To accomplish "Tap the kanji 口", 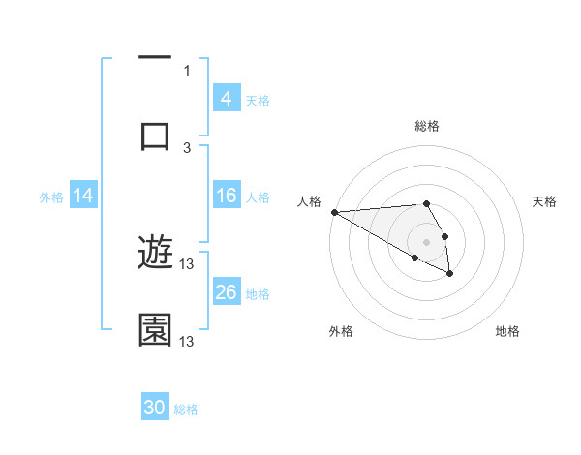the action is coord(155,135).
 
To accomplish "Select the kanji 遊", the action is coord(155,254).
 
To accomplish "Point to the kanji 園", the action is coord(155,329).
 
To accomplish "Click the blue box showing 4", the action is coord(226,99).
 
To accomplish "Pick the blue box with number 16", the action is coord(226,196).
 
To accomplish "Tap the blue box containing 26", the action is coord(226,292).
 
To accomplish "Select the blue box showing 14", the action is coord(82,196).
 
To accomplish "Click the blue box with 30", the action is coord(155,408).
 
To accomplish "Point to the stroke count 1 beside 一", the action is coord(187,71).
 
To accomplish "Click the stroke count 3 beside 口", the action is coord(187,147).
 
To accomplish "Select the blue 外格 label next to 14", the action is coord(51,197).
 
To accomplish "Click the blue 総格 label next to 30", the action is coord(186,409).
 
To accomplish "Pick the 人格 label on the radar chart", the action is coord(309,201).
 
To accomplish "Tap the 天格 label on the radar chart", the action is coord(544,201).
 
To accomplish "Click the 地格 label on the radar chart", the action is coord(507,331).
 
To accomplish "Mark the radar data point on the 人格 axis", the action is coord(334,212).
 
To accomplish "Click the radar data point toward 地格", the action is coord(450,275).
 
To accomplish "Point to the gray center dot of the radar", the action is coord(426,242).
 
